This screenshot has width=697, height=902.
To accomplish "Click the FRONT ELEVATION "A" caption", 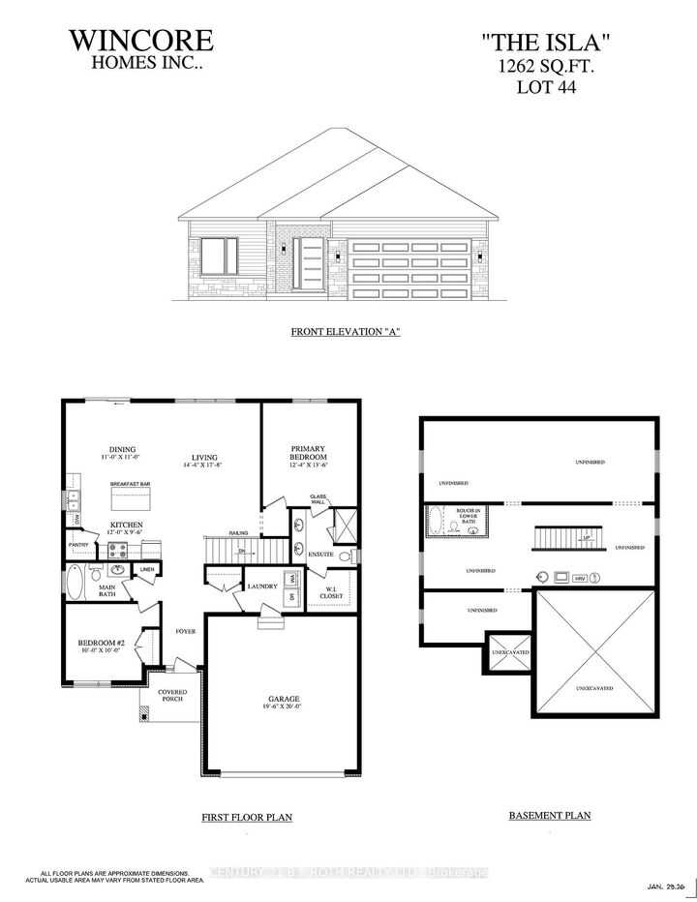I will click(x=346, y=332).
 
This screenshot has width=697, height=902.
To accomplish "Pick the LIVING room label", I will click(x=203, y=459).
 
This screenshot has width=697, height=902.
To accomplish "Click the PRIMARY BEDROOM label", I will click(x=309, y=453).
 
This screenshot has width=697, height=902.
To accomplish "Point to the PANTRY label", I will click(x=78, y=545).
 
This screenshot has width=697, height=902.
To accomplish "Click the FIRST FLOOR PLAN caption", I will click(x=247, y=817).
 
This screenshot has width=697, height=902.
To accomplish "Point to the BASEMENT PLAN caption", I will click(x=549, y=816).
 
